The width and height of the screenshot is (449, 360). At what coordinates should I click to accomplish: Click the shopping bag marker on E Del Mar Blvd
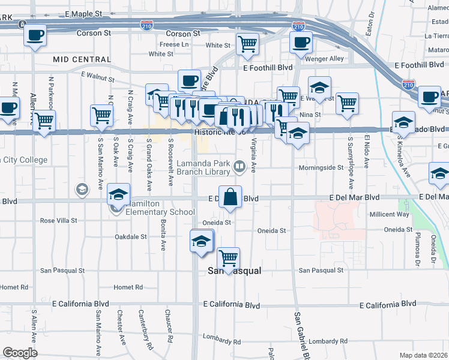click(231, 196)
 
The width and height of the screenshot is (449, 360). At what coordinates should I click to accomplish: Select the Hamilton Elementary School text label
click(160, 212)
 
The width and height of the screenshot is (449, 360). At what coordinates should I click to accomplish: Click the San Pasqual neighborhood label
click(235, 271)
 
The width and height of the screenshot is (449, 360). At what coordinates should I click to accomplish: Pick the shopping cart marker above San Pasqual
click(228, 259)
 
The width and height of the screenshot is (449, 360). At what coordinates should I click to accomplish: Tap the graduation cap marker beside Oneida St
click(202, 241)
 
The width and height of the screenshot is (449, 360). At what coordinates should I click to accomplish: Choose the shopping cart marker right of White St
click(247, 44)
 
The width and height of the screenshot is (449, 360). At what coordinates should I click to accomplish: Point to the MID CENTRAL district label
click(82, 59)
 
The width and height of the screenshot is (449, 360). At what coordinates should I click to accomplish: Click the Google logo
click(20, 353)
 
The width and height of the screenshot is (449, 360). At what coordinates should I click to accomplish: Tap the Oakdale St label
click(131, 237)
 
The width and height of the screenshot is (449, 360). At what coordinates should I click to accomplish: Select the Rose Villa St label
click(59, 221)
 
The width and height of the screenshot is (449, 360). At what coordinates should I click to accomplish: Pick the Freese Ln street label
click(175, 44)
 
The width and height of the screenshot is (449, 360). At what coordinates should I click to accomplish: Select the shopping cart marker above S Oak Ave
click(102, 115)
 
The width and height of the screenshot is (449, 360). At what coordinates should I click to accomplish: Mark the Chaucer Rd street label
click(170, 322)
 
